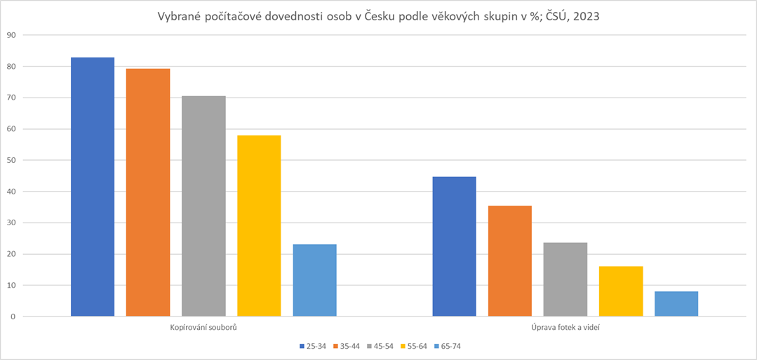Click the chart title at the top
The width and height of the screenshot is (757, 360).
pos(378,17)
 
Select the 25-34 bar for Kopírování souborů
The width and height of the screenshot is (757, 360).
pos(93,187)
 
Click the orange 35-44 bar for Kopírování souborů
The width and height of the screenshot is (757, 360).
pos(148,192)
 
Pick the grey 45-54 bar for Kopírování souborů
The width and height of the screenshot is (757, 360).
pos(203,206)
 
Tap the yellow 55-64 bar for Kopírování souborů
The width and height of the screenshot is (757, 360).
pos(259,226)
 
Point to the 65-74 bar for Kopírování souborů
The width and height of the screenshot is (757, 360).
pos(314,280)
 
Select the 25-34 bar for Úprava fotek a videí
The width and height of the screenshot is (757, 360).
pos(454,246)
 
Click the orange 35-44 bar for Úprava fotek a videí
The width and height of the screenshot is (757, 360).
pos(509,261)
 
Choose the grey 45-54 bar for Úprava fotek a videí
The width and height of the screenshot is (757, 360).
pos(565,279)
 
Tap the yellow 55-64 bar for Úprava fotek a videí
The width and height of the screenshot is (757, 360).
pos(620,291)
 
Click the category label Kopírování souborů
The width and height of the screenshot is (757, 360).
pos(203,328)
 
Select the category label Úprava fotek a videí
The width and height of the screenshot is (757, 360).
pos(565,328)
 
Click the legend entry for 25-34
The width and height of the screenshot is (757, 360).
pos(311,346)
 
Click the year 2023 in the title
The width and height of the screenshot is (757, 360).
pos(586,17)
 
